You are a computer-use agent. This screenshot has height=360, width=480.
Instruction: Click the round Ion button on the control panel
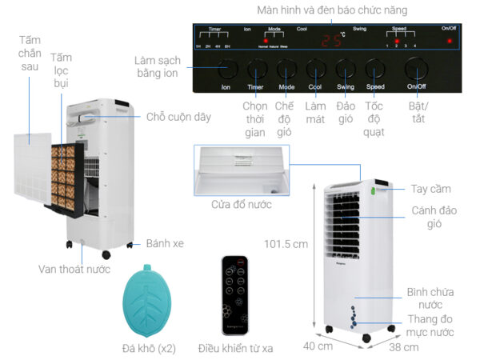226,68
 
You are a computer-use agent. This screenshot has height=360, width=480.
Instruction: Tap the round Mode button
286,68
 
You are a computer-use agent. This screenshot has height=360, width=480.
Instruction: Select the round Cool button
316,68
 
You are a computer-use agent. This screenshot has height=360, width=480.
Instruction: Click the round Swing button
346,68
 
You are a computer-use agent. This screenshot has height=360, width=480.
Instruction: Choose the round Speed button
376,68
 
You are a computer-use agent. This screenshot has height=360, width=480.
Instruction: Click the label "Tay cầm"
431,189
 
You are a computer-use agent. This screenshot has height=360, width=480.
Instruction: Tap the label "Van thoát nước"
74,269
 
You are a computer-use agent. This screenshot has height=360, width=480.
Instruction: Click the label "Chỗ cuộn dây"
178,117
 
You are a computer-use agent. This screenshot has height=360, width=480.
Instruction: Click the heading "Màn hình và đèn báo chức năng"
332,10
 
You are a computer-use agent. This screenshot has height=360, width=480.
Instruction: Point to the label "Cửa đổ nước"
242,204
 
